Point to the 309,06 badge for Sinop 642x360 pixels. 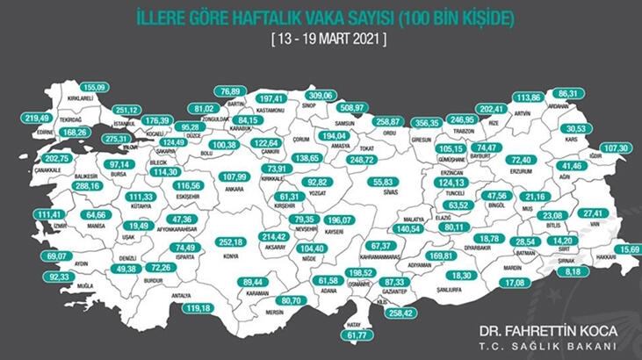point(321,95)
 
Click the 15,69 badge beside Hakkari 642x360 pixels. point(629,248)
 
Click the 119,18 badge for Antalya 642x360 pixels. point(198,308)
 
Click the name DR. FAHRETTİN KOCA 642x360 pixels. point(543,331)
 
